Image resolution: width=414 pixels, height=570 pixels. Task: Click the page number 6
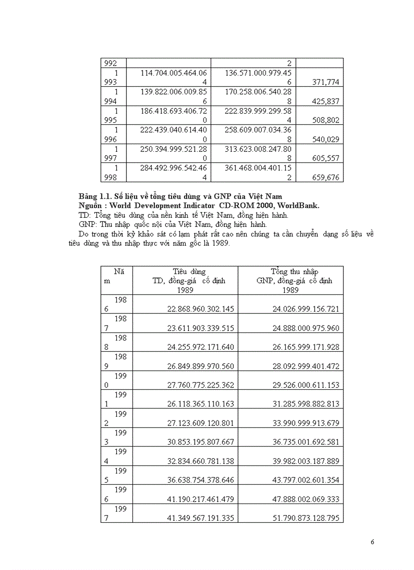tap(372, 542)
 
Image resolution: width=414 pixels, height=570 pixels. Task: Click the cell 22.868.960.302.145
tap(200, 309)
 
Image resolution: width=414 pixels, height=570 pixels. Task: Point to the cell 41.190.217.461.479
tap(200, 499)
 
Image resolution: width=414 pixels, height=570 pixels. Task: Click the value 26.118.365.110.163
tap(200, 404)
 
